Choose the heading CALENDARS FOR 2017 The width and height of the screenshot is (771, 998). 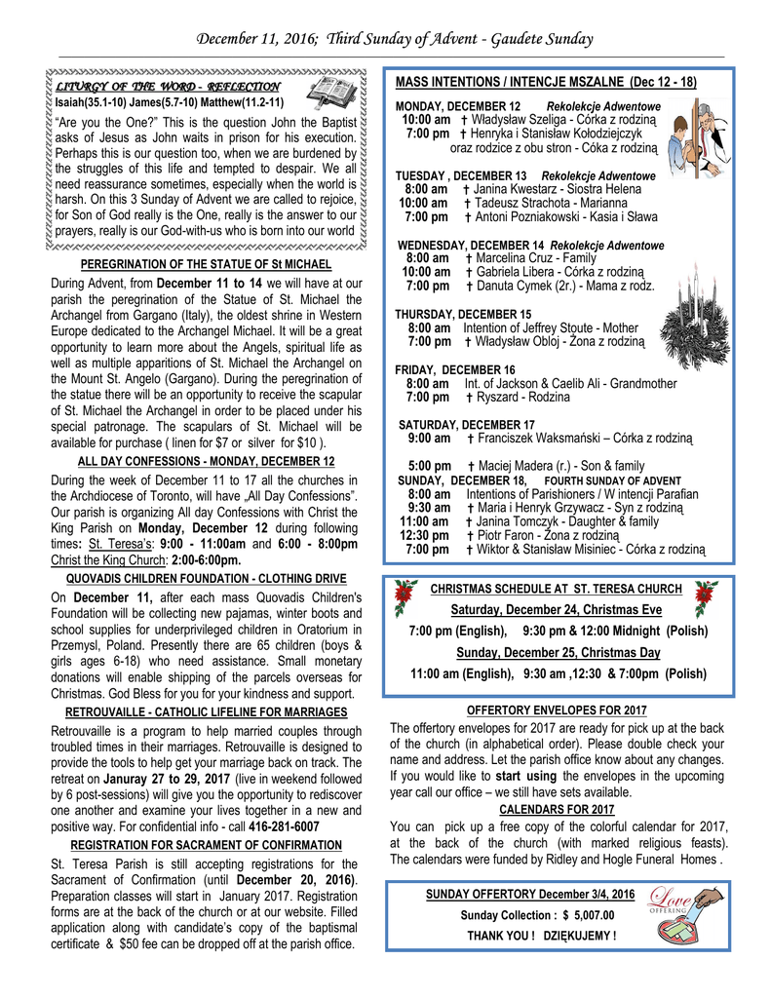557,809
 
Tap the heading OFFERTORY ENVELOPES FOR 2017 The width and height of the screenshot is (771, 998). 557,710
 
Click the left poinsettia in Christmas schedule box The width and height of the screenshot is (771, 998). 403,597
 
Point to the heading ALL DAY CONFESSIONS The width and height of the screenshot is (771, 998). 206,461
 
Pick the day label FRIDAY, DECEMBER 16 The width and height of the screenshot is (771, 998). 455,369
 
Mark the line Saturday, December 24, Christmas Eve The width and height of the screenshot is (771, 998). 557,610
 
